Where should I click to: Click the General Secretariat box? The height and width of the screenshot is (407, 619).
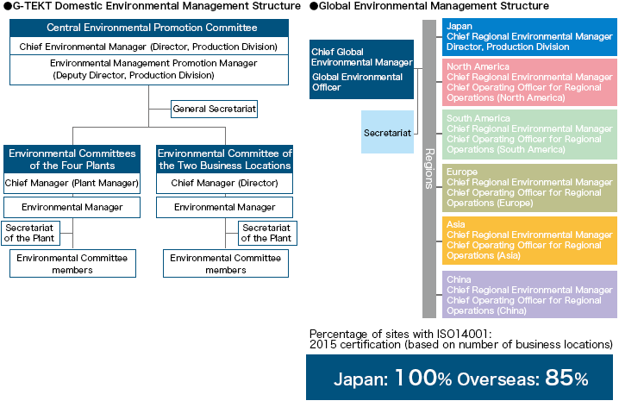pyautogui.click(x=214, y=109)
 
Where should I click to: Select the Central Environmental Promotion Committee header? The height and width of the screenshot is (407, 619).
pyautogui.click(x=149, y=28)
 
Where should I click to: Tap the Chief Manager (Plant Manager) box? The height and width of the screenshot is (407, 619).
pyautogui.click(x=72, y=183)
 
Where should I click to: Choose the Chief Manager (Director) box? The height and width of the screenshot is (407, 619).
pyautogui.click(x=225, y=183)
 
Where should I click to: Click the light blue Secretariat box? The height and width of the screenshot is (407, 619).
pyautogui.click(x=387, y=132)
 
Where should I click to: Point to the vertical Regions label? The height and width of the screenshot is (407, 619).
pyautogui.click(x=429, y=169)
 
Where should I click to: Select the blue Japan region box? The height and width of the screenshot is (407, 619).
pyautogui.click(x=529, y=37)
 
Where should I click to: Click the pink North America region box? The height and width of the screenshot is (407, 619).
pyautogui.click(x=529, y=82)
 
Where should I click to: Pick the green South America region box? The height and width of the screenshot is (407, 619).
pyautogui.click(x=529, y=135)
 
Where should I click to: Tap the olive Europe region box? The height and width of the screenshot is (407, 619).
pyautogui.click(x=529, y=188)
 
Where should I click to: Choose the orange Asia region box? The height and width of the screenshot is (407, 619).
pyautogui.click(x=529, y=241)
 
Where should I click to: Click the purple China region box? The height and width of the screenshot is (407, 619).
pyautogui.click(x=529, y=295)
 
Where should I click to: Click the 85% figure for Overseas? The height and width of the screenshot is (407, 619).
pyautogui.click(x=567, y=378)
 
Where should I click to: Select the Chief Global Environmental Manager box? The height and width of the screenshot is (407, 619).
pyautogui.click(x=361, y=69)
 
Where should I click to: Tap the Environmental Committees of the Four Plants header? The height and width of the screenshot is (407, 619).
pyautogui.click(x=72, y=159)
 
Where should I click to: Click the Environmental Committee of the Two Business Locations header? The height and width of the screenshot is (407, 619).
pyautogui.click(x=225, y=159)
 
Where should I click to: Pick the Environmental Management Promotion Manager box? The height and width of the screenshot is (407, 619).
pyautogui.click(x=149, y=70)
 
